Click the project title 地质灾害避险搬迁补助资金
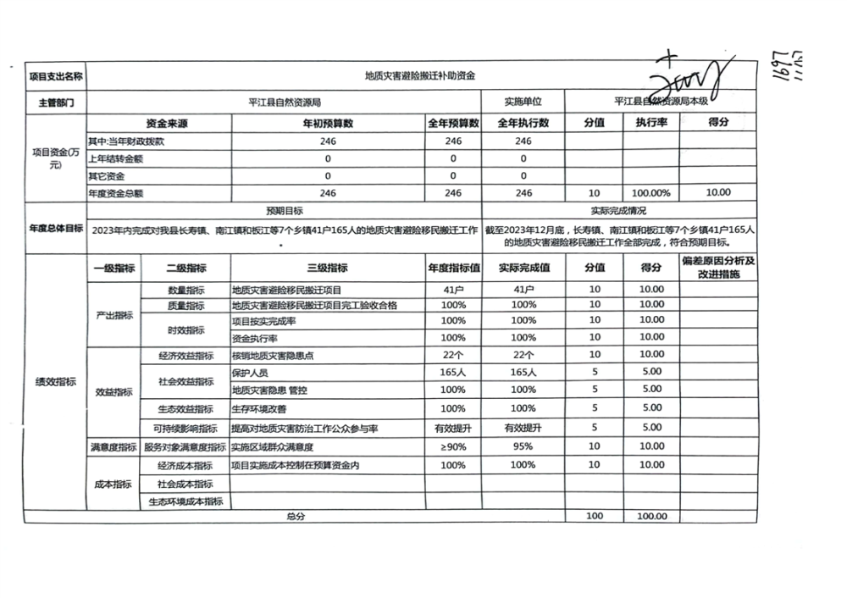419,75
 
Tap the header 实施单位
523,102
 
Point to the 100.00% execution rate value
650,193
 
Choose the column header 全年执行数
523,123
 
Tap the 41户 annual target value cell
453,289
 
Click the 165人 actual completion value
523,373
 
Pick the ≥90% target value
453,446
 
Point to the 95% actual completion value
523,446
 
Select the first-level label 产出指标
113,314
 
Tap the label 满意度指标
113,446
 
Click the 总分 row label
296,516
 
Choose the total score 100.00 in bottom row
651,516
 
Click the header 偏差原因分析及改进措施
718,268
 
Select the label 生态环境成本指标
185,501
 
